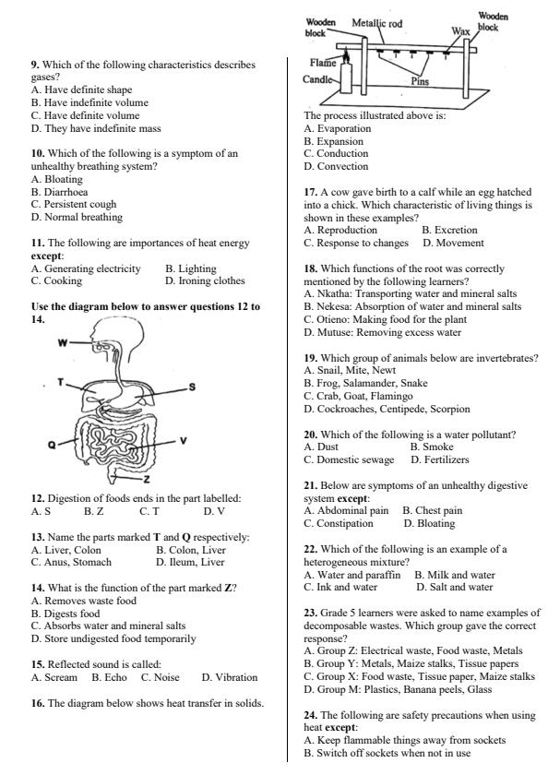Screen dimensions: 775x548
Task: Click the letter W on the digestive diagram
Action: click(63, 343)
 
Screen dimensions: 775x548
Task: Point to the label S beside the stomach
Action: click(192, 387)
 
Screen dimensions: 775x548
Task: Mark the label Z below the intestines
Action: click(148, 481)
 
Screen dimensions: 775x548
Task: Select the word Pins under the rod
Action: click(420, 81)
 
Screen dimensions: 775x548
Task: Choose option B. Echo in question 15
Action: click(109, 677)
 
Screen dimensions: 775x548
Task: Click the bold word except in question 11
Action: click(47, 256)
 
